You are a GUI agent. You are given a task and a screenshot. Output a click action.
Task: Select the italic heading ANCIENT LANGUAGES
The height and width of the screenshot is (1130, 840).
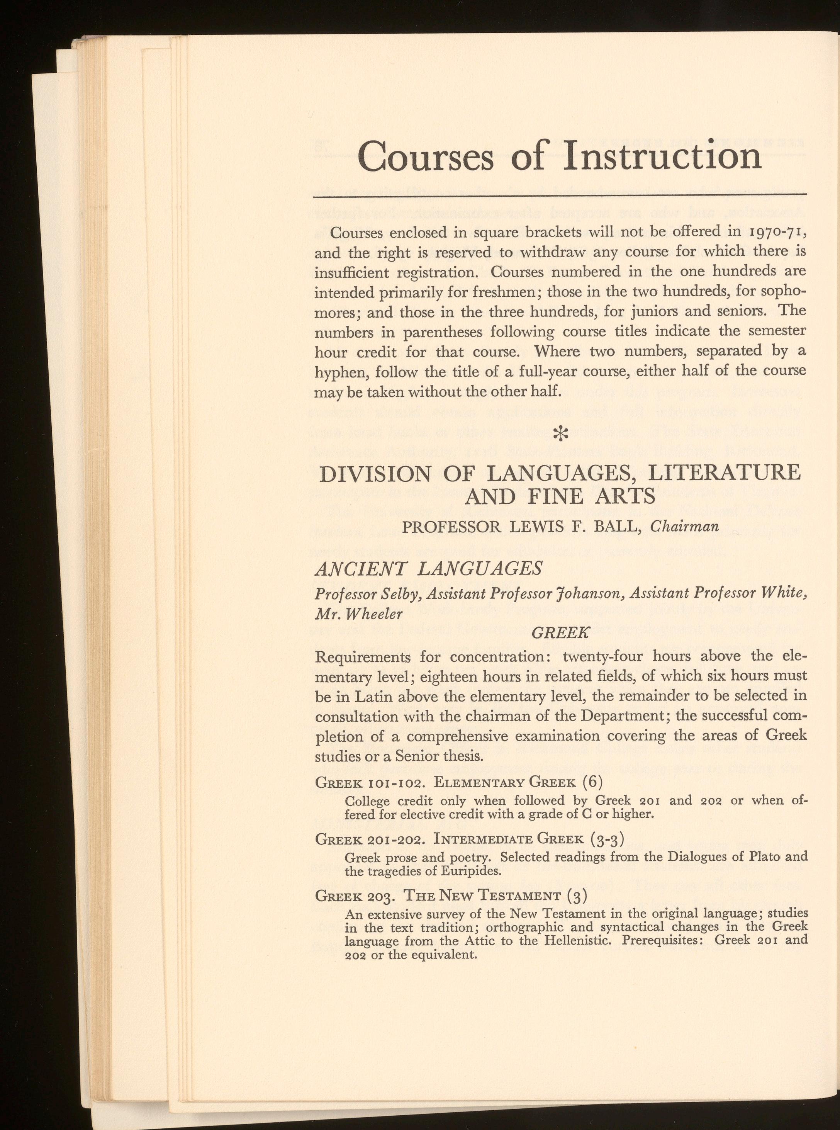pos(429,568)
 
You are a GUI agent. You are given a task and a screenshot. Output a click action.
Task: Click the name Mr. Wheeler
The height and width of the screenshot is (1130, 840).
pos(358,614)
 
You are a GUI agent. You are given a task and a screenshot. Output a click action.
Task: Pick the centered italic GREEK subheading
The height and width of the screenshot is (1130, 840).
pos(560,633)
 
